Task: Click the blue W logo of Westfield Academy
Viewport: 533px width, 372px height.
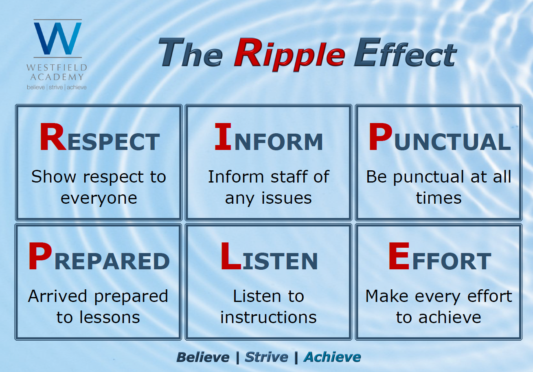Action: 58,38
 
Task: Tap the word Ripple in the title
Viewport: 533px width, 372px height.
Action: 290,55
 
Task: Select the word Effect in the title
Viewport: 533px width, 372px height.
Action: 405,53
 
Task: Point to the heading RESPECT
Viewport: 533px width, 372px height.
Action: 100,137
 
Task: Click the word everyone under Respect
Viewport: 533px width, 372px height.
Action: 99,198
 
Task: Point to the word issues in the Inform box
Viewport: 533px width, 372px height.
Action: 287,198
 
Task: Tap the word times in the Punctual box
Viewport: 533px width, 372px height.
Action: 439,198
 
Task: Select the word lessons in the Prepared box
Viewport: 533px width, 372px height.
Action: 110,317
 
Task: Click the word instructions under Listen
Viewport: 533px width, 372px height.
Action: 268,317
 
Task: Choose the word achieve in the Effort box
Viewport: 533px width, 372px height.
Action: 450,317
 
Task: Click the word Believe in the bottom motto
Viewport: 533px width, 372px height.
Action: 203,357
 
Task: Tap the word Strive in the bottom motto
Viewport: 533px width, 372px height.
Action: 266,357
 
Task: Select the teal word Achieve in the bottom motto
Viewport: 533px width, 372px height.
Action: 332,357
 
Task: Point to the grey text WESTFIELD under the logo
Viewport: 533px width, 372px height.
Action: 57,68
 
